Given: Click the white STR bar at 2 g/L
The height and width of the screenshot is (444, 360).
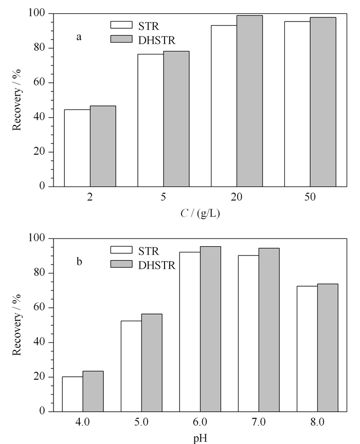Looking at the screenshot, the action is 77,148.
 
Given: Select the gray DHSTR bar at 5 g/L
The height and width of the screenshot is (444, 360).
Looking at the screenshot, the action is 176,119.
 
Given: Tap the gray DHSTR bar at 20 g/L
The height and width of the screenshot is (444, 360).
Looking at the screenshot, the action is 250,101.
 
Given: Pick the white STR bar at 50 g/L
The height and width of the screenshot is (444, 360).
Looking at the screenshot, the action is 297,104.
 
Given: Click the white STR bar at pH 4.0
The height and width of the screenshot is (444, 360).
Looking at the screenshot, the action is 73,394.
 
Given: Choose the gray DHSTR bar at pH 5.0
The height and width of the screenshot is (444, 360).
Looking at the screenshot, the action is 152,363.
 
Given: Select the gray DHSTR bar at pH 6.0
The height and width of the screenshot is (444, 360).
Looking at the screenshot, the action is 211,329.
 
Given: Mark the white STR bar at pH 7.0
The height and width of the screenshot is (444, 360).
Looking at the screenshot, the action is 248,334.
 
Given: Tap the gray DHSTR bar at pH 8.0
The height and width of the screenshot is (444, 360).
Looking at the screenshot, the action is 328,348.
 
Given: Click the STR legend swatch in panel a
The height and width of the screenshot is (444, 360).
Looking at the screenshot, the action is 121,25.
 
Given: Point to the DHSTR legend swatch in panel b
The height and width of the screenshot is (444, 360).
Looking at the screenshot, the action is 121,264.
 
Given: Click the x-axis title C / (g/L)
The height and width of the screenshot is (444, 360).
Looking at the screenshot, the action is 200,213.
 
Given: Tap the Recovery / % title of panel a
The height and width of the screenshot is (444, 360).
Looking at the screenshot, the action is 17,100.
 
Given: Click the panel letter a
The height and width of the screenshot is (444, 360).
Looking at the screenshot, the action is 79,37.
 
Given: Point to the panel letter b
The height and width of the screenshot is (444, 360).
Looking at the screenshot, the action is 79,262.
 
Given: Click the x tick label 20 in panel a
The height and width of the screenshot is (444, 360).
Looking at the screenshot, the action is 237,197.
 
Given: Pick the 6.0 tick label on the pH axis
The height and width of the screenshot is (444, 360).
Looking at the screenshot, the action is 200,422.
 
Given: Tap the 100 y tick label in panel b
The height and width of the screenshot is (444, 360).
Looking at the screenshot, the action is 37,238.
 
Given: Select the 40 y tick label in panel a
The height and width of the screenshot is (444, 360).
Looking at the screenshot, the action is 40,117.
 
